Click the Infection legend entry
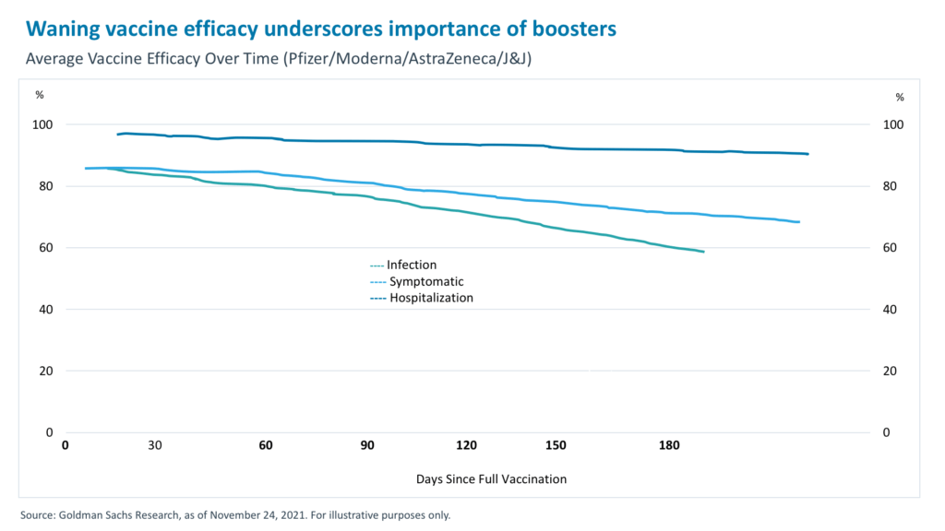[411, 265]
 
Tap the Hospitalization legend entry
[430, 298]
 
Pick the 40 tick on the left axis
[42, 310]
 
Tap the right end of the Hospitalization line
[808, 154]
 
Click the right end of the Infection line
[704, 252]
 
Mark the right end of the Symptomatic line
[799, 222]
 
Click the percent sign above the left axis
[40, 95]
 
